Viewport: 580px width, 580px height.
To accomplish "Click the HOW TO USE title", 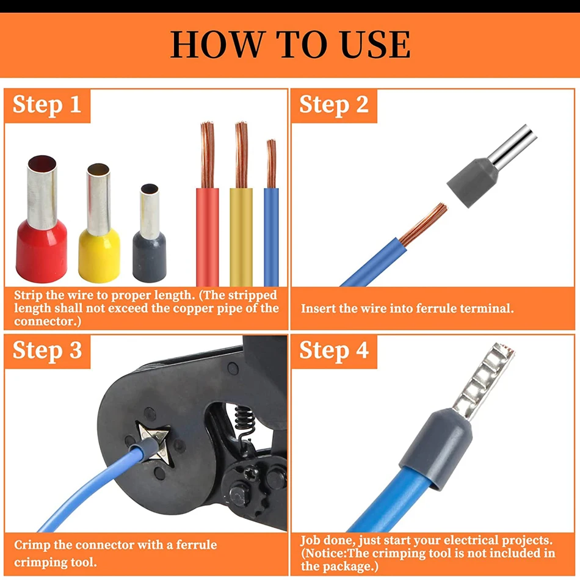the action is [290, 45].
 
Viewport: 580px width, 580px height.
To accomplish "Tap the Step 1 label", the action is [47, 104].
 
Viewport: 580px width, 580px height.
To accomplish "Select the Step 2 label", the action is [333, 104].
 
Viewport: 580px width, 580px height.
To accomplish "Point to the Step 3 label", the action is [47, 350].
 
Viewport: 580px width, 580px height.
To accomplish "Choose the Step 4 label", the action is [333, 350].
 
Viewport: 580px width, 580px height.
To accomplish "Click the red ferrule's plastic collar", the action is [42, 252].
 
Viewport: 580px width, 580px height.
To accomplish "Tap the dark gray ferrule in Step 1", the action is [150, 233].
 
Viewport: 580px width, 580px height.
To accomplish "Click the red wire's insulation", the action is [208, 237].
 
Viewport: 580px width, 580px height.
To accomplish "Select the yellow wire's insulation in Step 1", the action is [241, 237].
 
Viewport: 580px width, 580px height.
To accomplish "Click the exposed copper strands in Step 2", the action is [424, 224].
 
